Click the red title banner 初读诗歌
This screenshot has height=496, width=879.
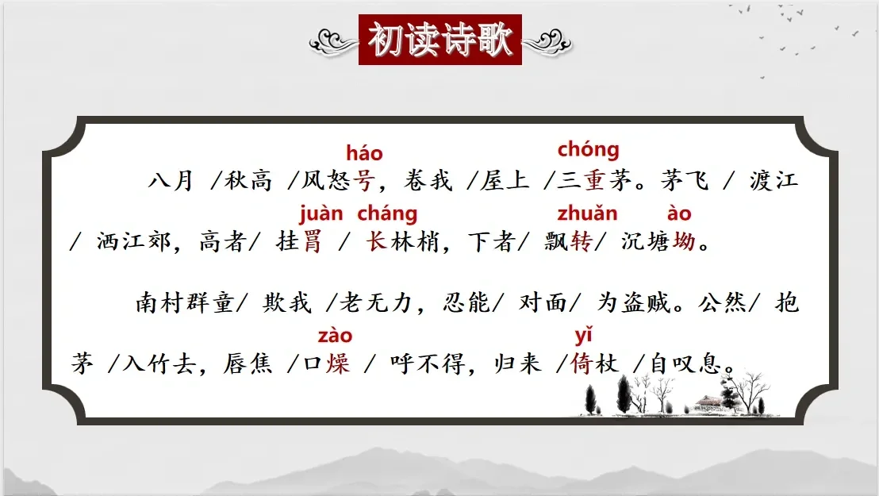[440, 40]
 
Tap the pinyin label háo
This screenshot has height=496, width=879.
[364, 152]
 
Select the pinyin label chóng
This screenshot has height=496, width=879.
[588, 149]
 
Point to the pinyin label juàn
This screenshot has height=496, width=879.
[321, 213]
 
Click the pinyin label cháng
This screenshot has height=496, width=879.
[387, 213]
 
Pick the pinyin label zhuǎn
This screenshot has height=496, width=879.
[587, 213]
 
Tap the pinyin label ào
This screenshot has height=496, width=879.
[679, 213]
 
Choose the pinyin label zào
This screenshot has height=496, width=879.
[336, 336]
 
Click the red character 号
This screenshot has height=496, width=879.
[363, 181]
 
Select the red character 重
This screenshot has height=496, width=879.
[593, 180]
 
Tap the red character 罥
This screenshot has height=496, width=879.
[312, 242]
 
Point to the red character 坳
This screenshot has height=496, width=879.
[684, 241]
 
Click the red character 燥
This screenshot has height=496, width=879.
[337, 363]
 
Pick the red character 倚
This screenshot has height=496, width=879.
[582, 363]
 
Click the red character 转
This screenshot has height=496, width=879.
[582, 241]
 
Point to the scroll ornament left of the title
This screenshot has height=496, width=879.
[333, 41]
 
